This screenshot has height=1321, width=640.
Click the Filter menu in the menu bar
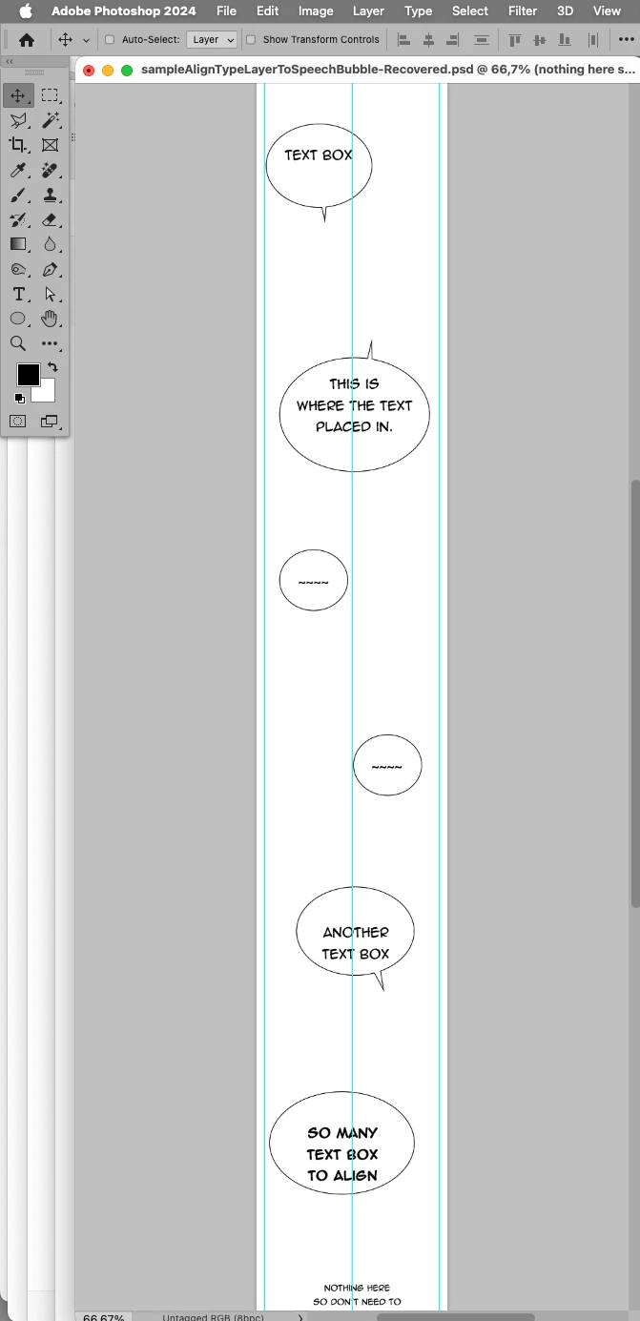coord(522,10)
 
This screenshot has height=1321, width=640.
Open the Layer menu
coord(368,10)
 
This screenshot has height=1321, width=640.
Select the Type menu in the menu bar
coord(418,10)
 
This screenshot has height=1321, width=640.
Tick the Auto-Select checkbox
coord(110,39)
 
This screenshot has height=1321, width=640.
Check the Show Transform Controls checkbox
coord(251,39)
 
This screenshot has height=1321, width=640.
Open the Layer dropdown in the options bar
coord(213,39)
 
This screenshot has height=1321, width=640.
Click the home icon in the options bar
coord(27,40)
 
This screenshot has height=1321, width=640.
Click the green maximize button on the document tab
coord(127,71)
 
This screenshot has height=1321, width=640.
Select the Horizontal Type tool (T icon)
coord(19,294)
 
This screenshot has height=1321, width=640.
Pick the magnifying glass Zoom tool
coord(18,343)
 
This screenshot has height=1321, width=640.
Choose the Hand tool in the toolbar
coord(50,319)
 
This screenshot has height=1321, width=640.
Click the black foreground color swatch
coord(29,375)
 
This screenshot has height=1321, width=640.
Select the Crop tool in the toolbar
coord(18,144)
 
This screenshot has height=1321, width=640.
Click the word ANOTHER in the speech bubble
coord(356,933)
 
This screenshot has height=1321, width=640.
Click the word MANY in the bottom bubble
coord(357,1132)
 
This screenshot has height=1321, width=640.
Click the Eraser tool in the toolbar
coord(50,220)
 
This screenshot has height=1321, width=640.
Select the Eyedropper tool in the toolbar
coord(18,171)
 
